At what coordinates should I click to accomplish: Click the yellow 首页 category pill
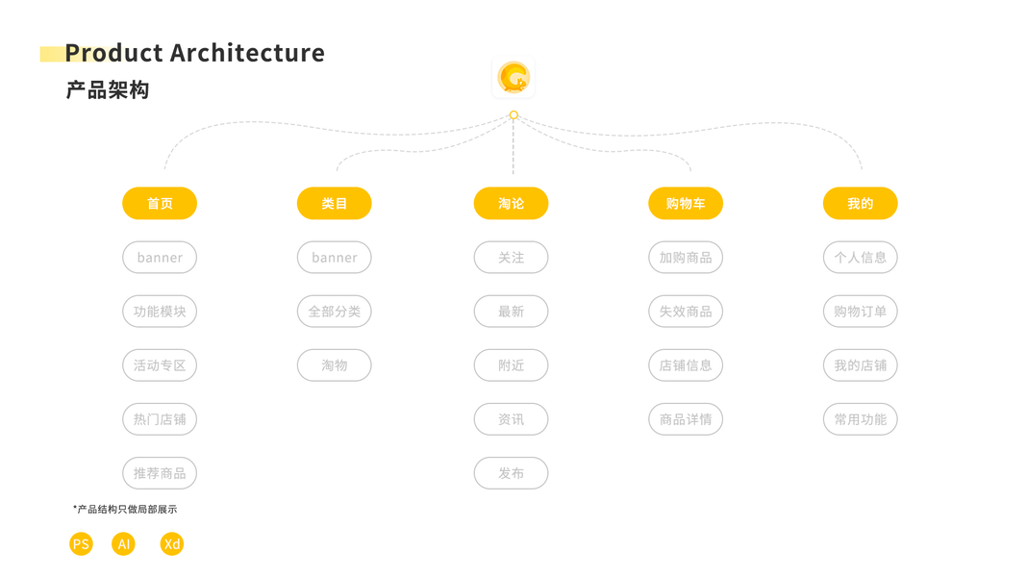tap(160, 204)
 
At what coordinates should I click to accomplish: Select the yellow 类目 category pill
tap(335, 204)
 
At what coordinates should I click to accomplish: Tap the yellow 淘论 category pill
tap(511, 204)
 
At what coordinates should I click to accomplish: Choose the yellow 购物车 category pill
tap(686, 204)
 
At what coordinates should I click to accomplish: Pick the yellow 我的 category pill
tap(860, 204)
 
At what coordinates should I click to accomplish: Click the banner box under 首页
tap(160, 258)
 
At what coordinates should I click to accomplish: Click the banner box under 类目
tap(335, 258)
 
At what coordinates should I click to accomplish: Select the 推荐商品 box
tap(160, 473)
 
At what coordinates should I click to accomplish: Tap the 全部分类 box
tap(335, 312)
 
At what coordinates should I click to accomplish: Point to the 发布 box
tap(511, 473)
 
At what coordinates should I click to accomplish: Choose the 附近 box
tap(511, 365)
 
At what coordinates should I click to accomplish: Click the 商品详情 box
tap(686, 419)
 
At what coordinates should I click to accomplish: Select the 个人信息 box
tap(860, 258)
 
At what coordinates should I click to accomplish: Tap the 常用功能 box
tap(860, 419)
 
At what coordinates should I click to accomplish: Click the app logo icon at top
tap(513, 78)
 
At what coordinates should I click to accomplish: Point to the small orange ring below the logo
tap(513, 115)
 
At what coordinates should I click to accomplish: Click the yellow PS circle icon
tap(81, 544)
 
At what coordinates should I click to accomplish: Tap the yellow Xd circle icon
tap(171, 544)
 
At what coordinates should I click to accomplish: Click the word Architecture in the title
tap(247, 53)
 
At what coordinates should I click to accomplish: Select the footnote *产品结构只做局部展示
tap(125, 509)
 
